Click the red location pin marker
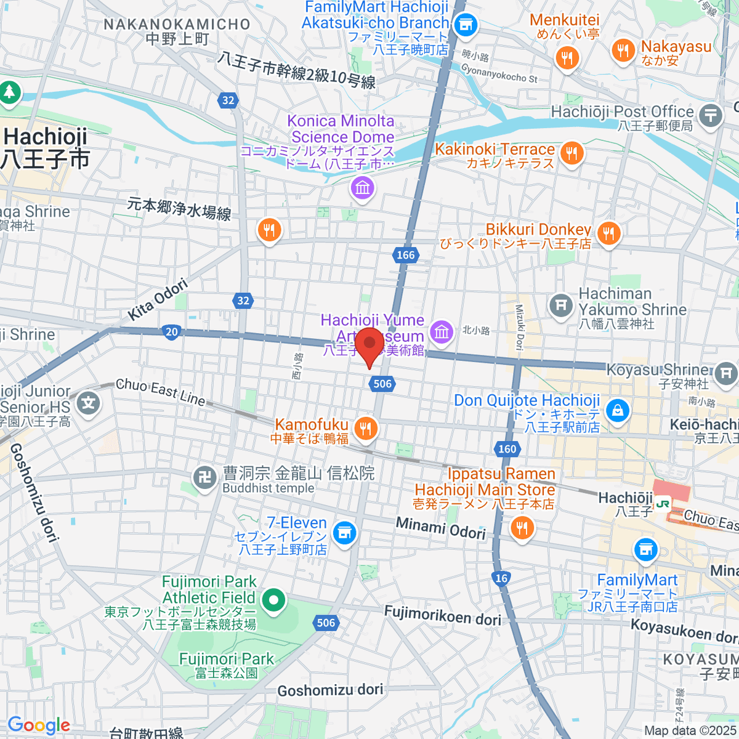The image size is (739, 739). (369, 346)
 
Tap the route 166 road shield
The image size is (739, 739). (405, 255)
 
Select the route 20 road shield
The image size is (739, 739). (172, 332)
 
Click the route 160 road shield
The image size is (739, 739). (507, 449)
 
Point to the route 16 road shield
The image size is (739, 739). (501, 578)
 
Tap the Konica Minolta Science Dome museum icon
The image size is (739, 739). (362, 187)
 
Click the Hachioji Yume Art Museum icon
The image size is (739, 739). (441, 332)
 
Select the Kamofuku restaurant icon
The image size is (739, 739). (366, 428)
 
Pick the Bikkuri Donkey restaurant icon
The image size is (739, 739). (608, 233)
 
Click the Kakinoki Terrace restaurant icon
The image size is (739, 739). (572, 153)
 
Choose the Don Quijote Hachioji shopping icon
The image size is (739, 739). (618, 410)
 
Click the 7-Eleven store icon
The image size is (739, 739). (344, 532)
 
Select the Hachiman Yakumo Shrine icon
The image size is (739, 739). (560, 305)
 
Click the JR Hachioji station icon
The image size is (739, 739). (663, 503)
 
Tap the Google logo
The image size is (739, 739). (39, 725)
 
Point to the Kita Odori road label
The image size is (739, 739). (158, 300)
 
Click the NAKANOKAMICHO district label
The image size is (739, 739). (177, 25)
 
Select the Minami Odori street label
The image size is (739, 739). (441, 528)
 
